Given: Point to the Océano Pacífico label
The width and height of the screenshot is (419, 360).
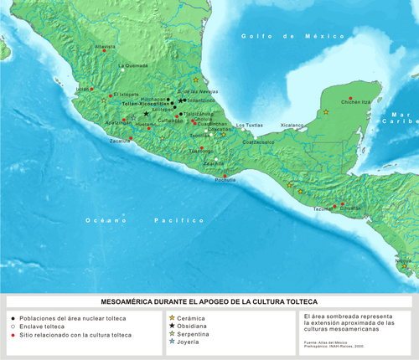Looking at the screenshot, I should [143, 219].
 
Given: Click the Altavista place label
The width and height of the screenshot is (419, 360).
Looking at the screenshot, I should [105, 47].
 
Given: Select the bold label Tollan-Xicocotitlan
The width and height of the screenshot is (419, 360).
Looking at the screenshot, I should [146, 104].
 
